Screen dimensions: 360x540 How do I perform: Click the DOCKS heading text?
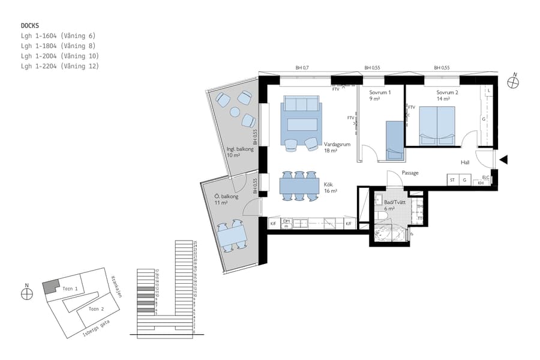pos(30,26)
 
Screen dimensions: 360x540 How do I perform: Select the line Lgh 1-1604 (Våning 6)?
pos(58,36)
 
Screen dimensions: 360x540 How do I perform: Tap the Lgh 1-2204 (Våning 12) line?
pos(59,66)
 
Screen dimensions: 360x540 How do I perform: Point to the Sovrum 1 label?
pos(380,92)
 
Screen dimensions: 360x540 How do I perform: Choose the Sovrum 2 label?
pos(447,92)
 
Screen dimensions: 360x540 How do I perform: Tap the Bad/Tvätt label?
pos(395,202)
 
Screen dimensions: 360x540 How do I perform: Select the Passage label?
pos(410,173)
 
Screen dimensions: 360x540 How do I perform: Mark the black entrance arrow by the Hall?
pos(504,159)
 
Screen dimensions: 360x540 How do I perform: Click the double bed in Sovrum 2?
pos(437,125)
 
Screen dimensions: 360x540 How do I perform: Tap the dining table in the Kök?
pos(299,185)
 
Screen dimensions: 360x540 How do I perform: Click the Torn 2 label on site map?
pos(97,308)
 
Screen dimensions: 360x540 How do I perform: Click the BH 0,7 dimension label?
pos(302,68)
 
